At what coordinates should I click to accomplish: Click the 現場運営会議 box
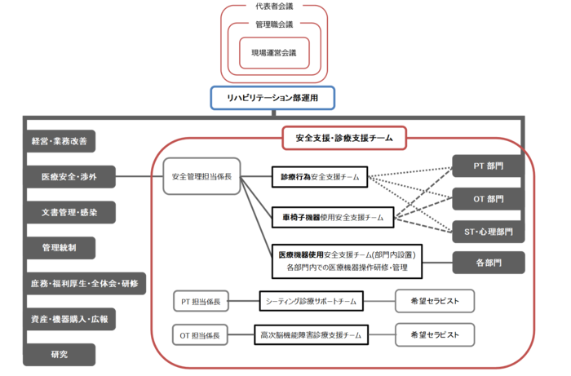(x=274, y=53)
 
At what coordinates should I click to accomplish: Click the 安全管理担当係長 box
(x=201, y=176)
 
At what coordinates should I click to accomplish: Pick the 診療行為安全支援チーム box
(x=319, y=176)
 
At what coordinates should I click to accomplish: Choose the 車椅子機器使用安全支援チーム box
(x=331, y=218)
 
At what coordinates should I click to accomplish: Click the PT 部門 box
(x=489, y=166)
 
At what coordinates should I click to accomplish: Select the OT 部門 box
(x=489, y=197)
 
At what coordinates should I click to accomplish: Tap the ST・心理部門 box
(x=489, y=231)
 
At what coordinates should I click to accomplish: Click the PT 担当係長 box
(x=201, y=302)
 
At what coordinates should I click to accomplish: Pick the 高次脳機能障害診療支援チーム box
(x=311, y=334)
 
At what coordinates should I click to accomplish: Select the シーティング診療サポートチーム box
(x=311, y=302)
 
